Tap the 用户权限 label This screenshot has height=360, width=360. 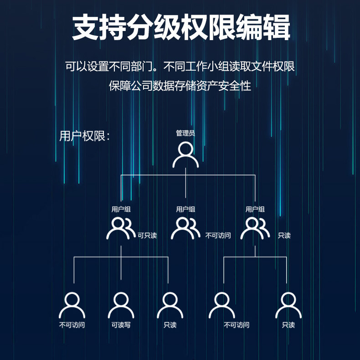[84, 136]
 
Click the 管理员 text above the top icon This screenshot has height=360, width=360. [185, 133]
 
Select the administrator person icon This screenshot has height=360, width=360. [185, 154]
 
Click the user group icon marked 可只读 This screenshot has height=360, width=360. [121, 228]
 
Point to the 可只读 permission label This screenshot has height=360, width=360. [147, 236]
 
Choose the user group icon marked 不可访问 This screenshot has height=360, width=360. [185, 228]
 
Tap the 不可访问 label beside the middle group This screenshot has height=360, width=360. [218, 236]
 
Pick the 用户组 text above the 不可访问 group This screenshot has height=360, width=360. [185, 209]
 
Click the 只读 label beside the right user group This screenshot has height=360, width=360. [284, 236]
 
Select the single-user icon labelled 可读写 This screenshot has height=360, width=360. [121, 305]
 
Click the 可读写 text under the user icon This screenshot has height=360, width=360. [121, 325]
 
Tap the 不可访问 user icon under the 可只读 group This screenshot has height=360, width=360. [72, 305]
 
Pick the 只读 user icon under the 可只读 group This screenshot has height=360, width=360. [170, 305]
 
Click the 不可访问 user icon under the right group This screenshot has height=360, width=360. [222, 305]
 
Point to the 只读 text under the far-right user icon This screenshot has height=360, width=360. [288, 325]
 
